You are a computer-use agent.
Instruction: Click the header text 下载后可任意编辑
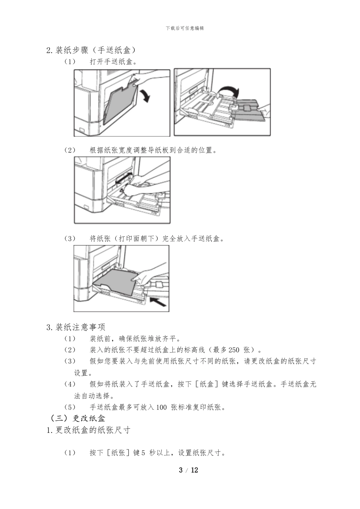pos(185,28)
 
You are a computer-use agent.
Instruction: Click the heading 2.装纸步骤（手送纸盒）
pos(91,50)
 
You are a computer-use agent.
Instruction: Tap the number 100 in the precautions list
pos(161,408)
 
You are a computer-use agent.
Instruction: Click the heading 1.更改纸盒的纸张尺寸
pos(89,430)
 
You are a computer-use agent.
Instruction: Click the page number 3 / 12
pos(188,470)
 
